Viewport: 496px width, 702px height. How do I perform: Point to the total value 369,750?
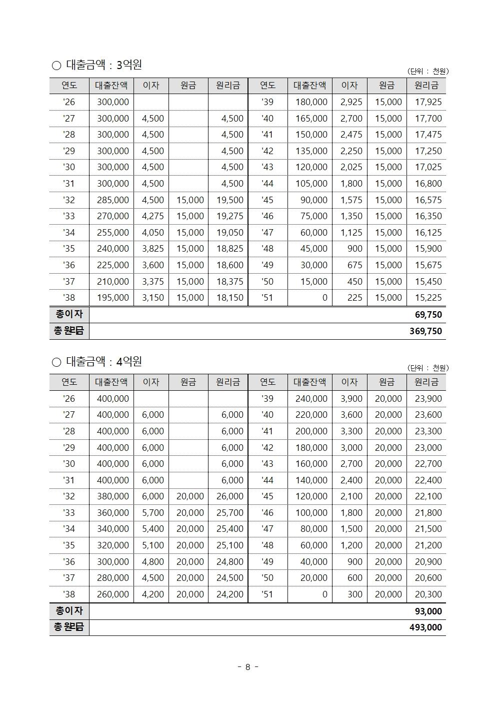tap(425, 331)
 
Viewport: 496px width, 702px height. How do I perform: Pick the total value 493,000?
tap(425, 627)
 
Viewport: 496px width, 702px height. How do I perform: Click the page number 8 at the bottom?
tap(247, 667)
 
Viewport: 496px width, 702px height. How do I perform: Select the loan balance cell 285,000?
tap(112, 200)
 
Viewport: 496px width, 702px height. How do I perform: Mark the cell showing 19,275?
tap(229, 216)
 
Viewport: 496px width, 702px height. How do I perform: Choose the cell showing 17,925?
tap(428, 102)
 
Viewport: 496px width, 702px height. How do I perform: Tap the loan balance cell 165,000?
tap(311, 119)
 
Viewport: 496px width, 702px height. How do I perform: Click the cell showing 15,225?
tap(428, 298)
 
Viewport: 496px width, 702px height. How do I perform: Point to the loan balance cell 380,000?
tap(112, 496)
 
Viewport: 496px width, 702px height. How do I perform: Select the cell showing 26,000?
tap(229, 496)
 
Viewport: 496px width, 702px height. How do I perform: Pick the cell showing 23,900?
tap(428, 399)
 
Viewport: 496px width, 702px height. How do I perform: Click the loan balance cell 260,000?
tap(112, 594)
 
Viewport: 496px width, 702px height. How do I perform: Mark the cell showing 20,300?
tap(428, 594)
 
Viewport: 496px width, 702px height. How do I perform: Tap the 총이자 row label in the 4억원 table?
tap(69, 611)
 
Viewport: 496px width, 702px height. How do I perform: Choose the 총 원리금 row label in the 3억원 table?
tap(69, 331)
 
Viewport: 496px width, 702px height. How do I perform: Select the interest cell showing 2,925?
tap(351, 102)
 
